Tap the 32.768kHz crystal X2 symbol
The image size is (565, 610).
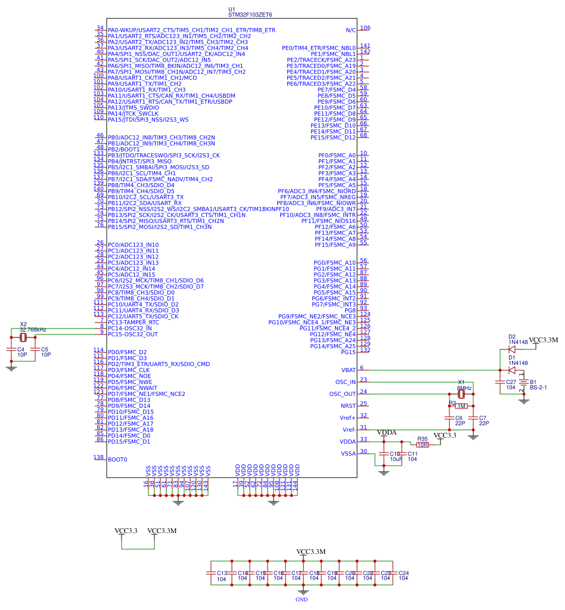click(x=24, y=337)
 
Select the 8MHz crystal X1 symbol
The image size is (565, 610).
click(x=461, y=394)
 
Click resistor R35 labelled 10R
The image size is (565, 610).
click(x=423, y=444)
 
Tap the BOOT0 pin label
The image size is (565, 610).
click(x=117, y=460)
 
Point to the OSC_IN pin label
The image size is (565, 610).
click(x=345, y=382)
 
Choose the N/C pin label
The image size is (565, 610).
click(x=350, y=30)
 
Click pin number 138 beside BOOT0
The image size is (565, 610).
click(x=99, y=457)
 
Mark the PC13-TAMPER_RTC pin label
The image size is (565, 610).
click(x=134, y=323)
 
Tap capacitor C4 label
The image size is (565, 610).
click(x=20, y=349)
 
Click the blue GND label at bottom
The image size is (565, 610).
click(x=302, y=599)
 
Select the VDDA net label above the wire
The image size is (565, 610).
click(x=387, y=432)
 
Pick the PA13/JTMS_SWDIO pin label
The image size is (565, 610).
click(x=134, y=108)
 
